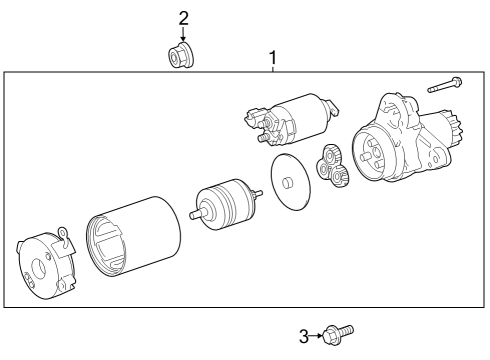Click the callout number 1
coord(273,58)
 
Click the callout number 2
coord(183,18)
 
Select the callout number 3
coord(304,336)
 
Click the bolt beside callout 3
coord(338,334)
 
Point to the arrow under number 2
coord(183,34)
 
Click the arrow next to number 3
coord(316,336)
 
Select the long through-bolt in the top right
coord(445,84)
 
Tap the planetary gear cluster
coord(333,165)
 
